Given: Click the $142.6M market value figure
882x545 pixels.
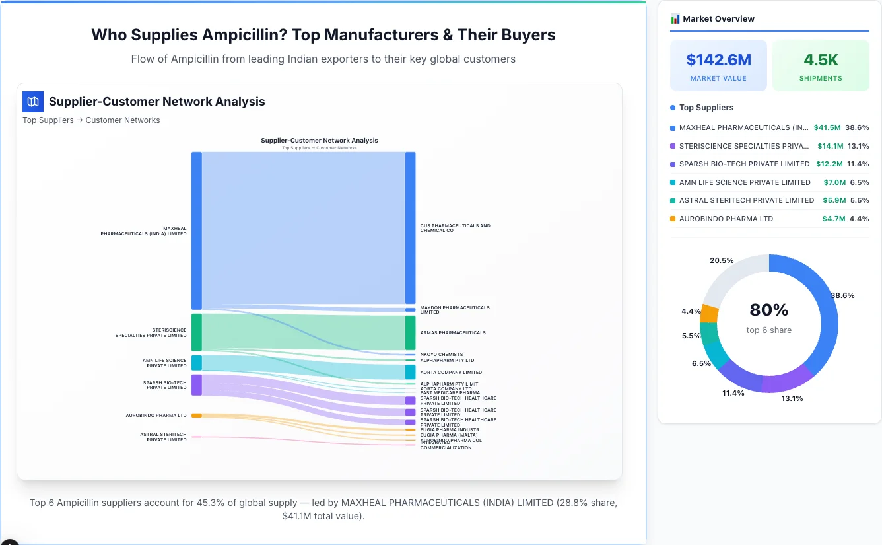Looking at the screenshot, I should coord(718,60).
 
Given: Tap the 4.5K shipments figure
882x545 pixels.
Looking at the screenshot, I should coord(821,60).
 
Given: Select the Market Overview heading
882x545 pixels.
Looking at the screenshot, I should coord(718,19).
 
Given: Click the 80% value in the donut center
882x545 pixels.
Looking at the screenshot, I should coord(769,310).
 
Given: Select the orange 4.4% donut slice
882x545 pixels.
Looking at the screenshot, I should coord(710,314).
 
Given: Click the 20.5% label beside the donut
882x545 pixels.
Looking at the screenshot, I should coord(722,260).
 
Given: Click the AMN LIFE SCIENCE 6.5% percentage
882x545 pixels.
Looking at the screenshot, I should coord(859,182).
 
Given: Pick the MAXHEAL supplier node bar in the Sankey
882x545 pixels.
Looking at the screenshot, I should coord(197,231).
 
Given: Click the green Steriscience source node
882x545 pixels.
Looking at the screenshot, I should coord(197,332).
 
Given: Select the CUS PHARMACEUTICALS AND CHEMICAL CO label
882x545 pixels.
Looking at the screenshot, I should coord(455,228).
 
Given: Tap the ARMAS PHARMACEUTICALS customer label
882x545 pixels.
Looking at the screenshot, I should coord(452,333).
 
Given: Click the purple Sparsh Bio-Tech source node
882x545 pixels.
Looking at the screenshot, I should coord(197,385).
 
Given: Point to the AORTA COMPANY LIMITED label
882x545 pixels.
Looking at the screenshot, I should coord(451,373).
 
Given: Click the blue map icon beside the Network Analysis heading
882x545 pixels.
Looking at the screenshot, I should coord(32,101).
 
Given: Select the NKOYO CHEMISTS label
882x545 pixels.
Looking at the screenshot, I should coord(441,355).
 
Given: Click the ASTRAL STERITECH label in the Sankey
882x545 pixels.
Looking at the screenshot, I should coord(163,437).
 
